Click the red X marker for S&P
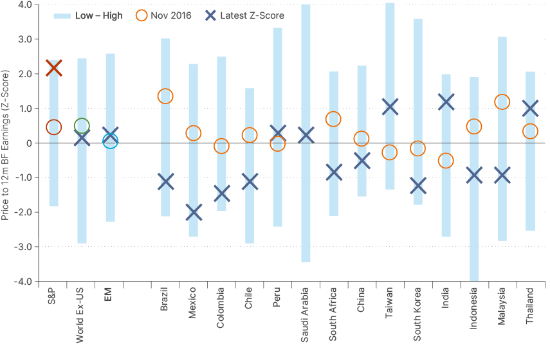(54, 67)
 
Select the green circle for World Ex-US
(82, 126)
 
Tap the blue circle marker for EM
(110, 141)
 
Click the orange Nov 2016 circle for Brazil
(165, 96)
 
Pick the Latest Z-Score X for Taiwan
(389, 106)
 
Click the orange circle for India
(446, 161)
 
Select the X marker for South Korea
(417, 185)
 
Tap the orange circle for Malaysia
(502, 102)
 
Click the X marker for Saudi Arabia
(306, 135)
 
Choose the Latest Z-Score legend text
(251, 15)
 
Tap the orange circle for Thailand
(530, 131)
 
